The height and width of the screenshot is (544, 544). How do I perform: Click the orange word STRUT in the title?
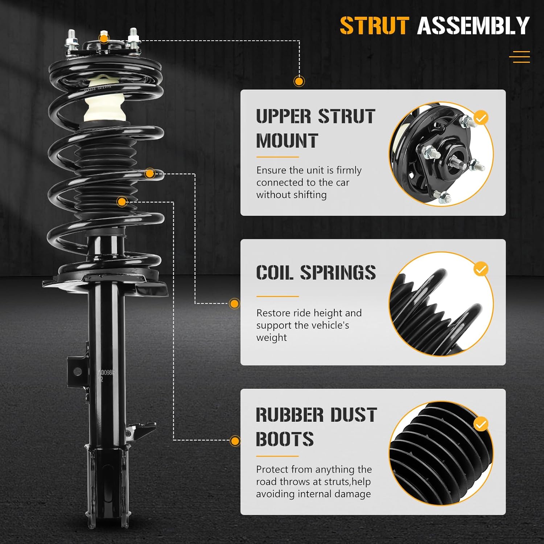tap(374, 26)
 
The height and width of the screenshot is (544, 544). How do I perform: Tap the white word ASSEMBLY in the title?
tap(473, 26)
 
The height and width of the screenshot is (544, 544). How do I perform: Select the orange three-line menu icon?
tap(519, 57)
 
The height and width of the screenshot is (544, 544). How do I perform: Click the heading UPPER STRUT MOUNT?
tap(315, 129)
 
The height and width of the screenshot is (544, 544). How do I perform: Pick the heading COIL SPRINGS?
tap(316, 273)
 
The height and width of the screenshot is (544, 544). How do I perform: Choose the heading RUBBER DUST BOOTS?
tap(316, 427)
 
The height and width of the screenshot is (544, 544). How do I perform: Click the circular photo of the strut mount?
tap(441, 154)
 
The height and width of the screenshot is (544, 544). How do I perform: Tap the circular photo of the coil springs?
tap(441, 304)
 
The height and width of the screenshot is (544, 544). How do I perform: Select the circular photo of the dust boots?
tap(441, 453)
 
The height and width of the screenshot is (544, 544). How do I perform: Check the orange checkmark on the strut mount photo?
tap(481, 118)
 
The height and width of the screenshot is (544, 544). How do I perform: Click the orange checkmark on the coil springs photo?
tap(481, 269)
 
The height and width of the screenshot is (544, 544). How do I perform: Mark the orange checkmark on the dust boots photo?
tap(481, 424)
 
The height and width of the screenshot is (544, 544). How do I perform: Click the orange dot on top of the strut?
tap(104, 38)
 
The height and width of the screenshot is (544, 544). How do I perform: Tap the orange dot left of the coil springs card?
tap(235, 304)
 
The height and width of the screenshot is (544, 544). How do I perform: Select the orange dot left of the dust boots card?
tap(235, 441)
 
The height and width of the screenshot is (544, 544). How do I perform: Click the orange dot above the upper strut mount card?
tap(299, 81)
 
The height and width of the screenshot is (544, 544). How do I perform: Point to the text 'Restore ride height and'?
tap(309, 313)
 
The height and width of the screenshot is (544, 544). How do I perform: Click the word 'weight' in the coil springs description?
tap(271, 338)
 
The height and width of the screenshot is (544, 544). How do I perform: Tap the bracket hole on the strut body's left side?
tap(77, 371)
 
